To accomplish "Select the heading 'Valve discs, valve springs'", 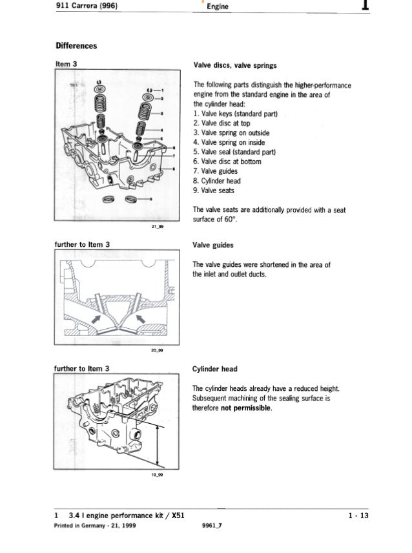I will coord(231,65).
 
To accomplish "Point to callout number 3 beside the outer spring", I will coord(163,113).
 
